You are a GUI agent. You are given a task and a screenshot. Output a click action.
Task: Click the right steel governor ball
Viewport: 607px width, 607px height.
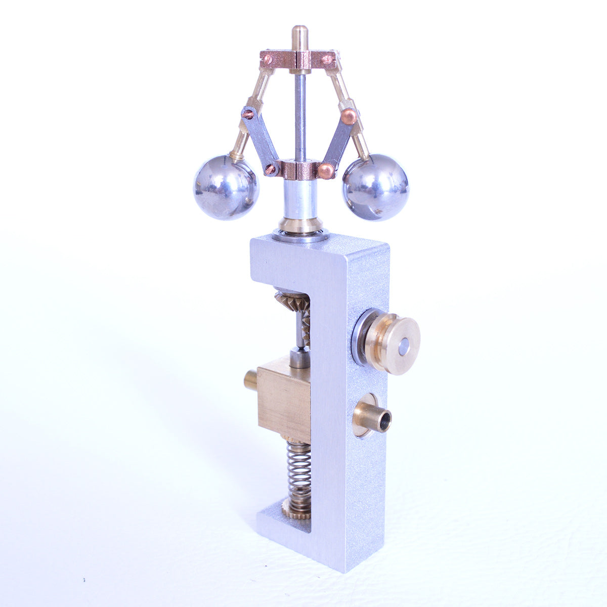pyautogui.click(x=375, y=187)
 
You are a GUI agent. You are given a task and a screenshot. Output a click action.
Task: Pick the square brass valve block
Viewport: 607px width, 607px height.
pyautogui.click(x=283, y=400)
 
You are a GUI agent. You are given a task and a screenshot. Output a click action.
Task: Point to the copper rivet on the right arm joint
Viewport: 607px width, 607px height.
pyautogui.click(x=349, y=116)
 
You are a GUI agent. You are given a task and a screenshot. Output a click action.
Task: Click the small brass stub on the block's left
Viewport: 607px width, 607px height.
pyautogui.click(x=250, y=380)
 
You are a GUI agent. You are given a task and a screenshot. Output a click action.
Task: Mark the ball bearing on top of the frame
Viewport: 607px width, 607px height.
pyautogui.click(x=300, y=235)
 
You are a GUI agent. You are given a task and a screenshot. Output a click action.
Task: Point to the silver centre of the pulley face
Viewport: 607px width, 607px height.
pyautogui.click(x=403, y=346)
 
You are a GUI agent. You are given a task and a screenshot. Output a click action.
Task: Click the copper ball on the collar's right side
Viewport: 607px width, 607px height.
pyautogui.click(x=326, y=170)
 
